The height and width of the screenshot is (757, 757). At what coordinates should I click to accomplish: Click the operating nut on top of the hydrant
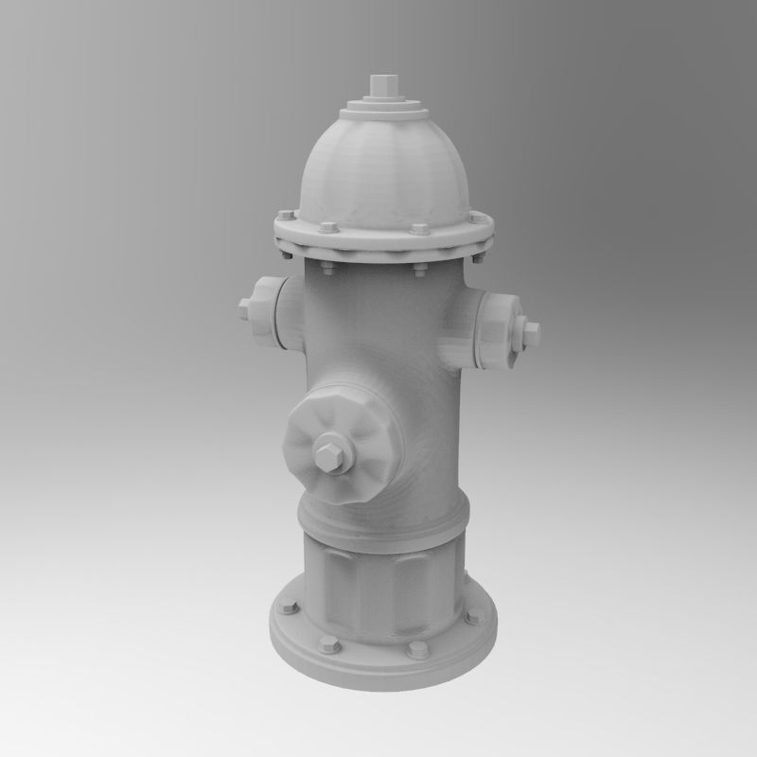click(382, 84)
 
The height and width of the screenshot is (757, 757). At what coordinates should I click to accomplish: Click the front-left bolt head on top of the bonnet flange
click(327, 227)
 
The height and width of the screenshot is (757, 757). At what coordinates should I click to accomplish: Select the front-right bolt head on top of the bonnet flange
click(418, 229)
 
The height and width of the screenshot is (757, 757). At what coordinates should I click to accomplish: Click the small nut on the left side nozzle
click(246, 309)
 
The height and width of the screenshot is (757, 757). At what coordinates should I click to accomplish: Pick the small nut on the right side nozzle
click(532, 331)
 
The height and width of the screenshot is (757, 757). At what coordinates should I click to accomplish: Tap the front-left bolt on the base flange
click(329, 646)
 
